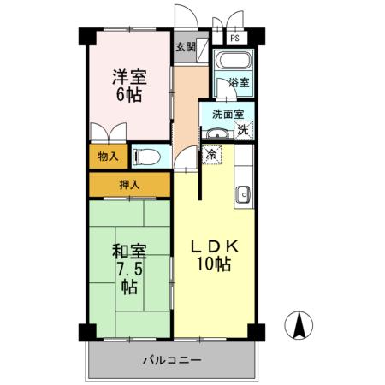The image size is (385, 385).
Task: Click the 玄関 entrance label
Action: point(185,47)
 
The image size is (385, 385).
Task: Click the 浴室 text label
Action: point(239,83)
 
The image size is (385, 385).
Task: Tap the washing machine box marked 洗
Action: point(244,131)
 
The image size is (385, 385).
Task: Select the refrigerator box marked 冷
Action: point(211,154)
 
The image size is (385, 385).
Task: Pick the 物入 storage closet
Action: point(109,157)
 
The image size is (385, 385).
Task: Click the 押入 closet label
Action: point(130,184)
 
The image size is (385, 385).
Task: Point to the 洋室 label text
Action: point(129,75)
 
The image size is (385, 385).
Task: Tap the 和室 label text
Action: point(129,252)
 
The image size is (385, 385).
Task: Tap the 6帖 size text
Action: point(129,94)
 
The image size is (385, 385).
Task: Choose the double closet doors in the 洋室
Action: point(109,134)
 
